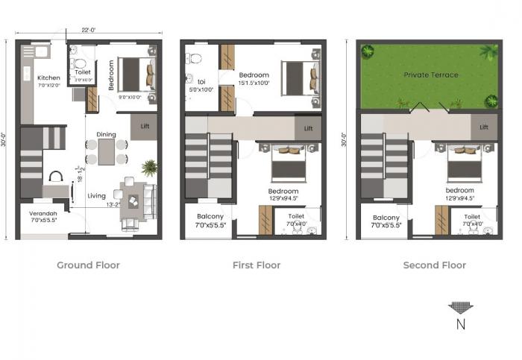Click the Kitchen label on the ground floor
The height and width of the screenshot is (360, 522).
(48, 78)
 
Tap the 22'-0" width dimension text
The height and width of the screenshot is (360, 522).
(89, 30)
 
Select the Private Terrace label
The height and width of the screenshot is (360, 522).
(431, 75)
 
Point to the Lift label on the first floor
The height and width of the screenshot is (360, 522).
(308, 128)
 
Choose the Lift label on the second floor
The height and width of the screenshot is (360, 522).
(484, 127)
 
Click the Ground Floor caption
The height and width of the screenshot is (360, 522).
(88, 265)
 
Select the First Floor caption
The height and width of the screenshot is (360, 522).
(257, 265)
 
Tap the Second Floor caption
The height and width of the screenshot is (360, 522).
(434, 265)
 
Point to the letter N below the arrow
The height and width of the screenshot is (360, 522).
(460, 324)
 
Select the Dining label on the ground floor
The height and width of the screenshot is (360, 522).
(106, 134)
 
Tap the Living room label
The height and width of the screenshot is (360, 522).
(96, 196)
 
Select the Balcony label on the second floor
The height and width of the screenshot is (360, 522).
(386, 216)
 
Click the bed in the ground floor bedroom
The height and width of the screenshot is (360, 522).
(136, 75)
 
